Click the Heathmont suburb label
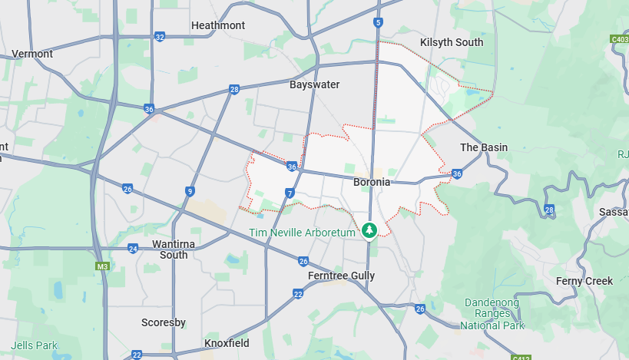pyautogui.click(x=218, y=25)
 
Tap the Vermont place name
pyautogui.click(x=32, y=54)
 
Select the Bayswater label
pyautogui.click(x=314, y=84)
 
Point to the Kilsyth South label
pyautogui.click(x=452, y=42)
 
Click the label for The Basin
pyautogui.click(x=484, y=147)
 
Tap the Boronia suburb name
pyautogui.click(x=372, y=183)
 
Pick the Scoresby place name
pyautogui.click(x=164, y=322)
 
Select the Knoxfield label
pyautogui.click(x=228, y=343)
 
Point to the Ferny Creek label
pyautogui.click(x=584, y=281)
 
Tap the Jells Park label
pyautogui.click(x=35, y=345)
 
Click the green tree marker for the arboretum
pyautogui.click(x=369, y=230)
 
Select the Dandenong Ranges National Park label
pyautogui.click(x=493, y=314)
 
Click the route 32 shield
pyautogui.click(x=160, y=37)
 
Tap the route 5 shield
pyautogui.click(x=379, y=23)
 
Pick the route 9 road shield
pyautogui.click(x=190, y=192)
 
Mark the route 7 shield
pyautogui.click(x=289, y=193)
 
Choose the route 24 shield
pyautogui.click(x=133, y=249)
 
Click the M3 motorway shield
pyautogui.click(x=101, y=266)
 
